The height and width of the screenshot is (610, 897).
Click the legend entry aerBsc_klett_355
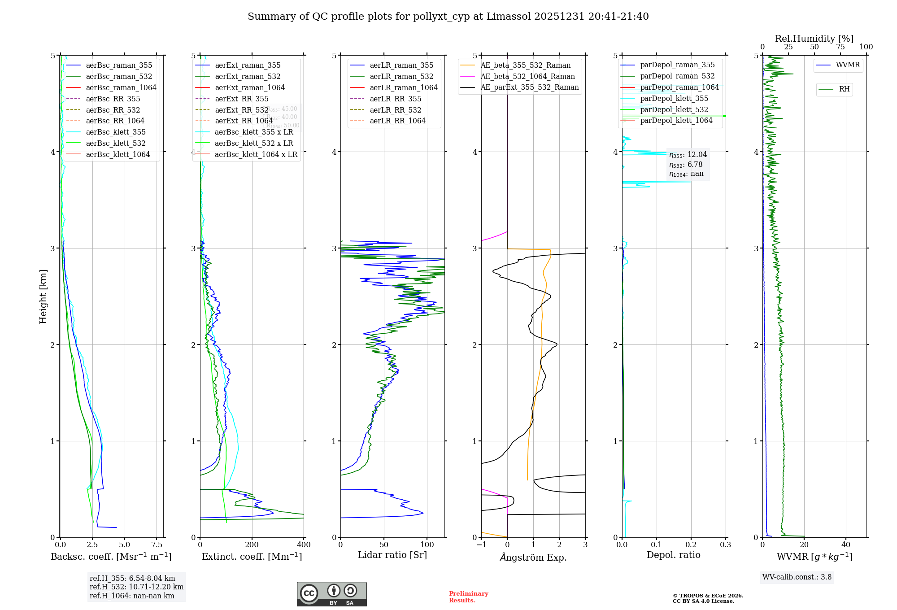click(x=115, y=132)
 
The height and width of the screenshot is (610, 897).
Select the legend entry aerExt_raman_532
click(x=248, y=76)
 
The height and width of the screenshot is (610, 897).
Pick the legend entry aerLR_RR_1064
click(x=397, y=121)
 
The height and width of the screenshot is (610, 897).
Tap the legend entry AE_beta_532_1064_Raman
click(x=527, y=76)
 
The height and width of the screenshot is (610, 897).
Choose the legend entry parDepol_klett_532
click(x=674, y=109)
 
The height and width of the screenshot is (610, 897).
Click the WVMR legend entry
click(x=848, y=65)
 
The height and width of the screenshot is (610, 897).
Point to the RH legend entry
click(x=844, y=89)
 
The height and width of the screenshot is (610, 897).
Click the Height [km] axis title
click(x=43, y=296)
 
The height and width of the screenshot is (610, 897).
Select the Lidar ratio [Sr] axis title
click(x=392, y=555)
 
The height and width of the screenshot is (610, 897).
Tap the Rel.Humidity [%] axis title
click(x=814, y=39)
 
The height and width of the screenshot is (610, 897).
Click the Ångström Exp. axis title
click(x=533, y=557)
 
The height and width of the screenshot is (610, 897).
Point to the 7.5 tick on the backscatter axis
click(x=157, y=545)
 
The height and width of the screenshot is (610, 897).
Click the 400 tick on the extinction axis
click(x=304, y=545)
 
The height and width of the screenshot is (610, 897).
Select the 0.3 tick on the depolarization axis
click(x=725, y=545)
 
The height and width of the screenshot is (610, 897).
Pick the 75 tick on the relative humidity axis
click(x=840, y=47)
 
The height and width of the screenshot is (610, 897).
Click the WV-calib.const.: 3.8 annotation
click(x=797, y=577)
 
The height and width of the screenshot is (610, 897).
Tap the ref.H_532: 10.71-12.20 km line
click(x=136, y=587)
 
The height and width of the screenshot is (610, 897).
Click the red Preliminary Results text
click(x=468, y=597)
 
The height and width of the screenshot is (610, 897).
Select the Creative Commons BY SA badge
click(x=331, y=594)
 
